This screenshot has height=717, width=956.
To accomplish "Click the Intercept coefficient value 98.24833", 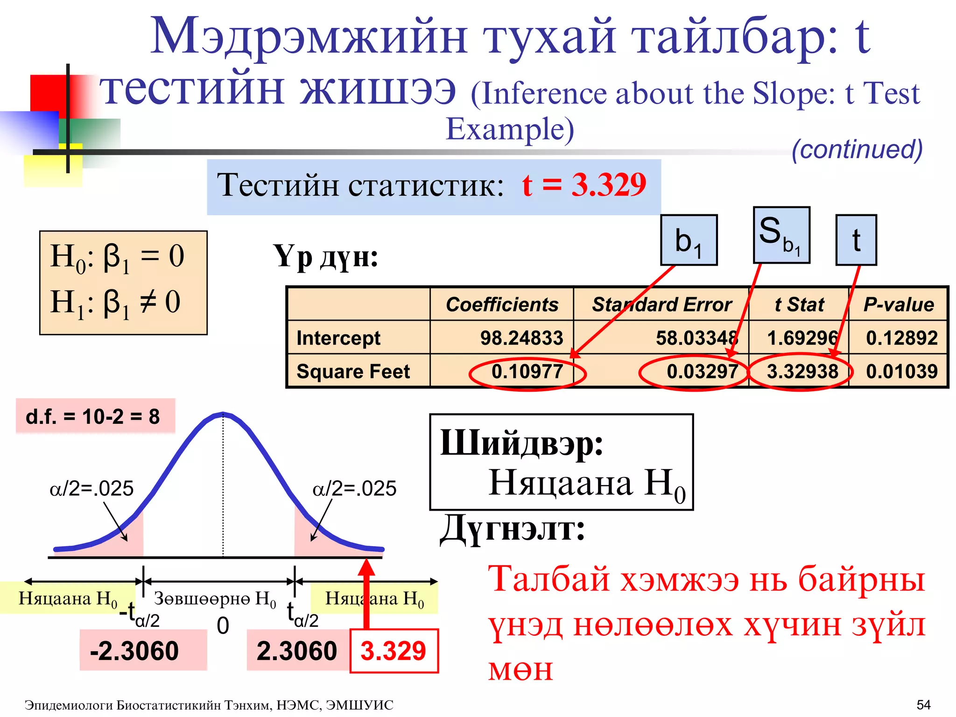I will [x=521, y=338].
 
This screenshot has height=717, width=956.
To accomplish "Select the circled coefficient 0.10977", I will [x=527, y=372].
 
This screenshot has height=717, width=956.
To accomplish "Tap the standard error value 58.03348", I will [x=696, y=338].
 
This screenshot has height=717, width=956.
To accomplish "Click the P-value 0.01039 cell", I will [x=901, y=372].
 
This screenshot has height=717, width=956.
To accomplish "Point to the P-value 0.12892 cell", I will [x=901, y=338].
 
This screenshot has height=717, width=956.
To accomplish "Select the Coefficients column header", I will [x=502, y=305].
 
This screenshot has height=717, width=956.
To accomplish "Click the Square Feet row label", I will [x=353, y=372].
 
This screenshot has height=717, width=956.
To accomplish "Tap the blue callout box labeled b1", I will [x=689, y=240].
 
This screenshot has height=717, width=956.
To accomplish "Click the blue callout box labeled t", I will [x=856, y=240].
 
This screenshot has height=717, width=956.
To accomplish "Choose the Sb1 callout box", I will [x=781, y=235].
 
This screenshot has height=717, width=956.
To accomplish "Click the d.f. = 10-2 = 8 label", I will [x=93, y=416].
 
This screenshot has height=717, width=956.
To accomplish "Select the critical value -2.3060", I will [x=134, y=651].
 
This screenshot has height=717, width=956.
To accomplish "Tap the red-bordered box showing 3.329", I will [x=394, y=651].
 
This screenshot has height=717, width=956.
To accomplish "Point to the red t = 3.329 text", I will [x=584, y=185].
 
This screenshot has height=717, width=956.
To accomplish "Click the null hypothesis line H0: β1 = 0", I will [x=117, y=258].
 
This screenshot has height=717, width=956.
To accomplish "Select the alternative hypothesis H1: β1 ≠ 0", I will [x=115, y=303].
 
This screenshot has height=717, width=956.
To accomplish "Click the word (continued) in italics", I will [x=857, y=149].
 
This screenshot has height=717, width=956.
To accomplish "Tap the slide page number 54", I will [x=923, y=704].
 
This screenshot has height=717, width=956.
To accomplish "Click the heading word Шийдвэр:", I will [x=521, y=443].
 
